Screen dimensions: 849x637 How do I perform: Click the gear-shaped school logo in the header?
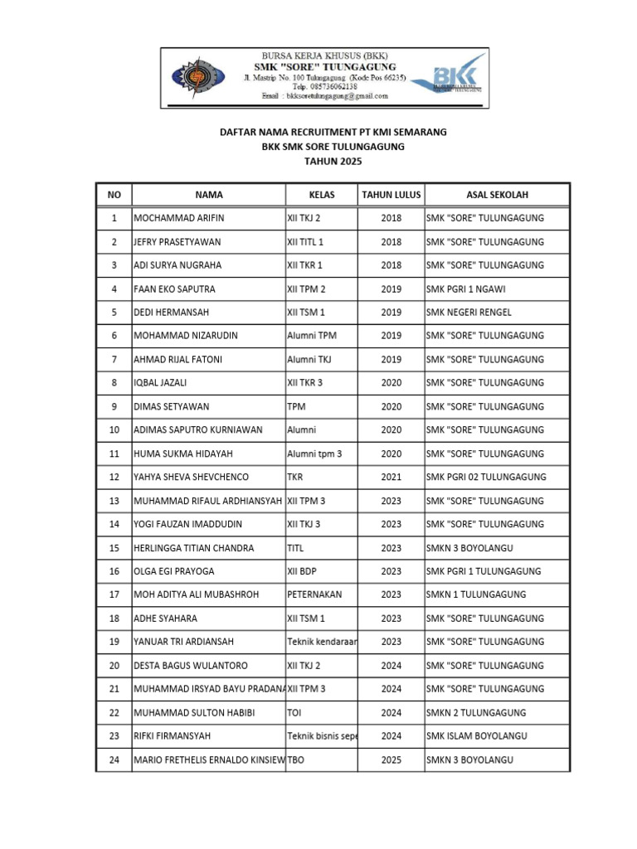coord(199,76)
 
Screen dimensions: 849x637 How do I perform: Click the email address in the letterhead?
coord(324,96)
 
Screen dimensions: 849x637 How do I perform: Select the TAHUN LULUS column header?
coord(391,195)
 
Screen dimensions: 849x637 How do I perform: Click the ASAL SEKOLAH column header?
coord(497,195)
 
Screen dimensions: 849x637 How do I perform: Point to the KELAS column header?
coord(321,195)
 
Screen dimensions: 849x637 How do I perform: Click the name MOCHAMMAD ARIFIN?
coord(178,218)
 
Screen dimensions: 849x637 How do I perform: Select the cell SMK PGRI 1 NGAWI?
coord(472,289)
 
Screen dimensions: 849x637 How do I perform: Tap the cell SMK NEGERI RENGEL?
coord(469,313)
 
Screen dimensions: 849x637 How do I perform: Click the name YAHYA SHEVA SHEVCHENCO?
coord(191,478)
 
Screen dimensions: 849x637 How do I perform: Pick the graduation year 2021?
coord(391,478)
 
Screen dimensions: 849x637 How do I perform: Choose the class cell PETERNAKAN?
coord(314,595)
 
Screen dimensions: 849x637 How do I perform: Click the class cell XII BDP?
coord(304,571)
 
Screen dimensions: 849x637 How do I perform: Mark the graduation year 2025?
coord(391,760)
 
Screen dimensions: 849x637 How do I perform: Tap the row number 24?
coord(114,760)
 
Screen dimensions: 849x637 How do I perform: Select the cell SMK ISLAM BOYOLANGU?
coord(476,736)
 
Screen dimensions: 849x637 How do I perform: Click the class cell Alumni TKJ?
coord(310,360)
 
